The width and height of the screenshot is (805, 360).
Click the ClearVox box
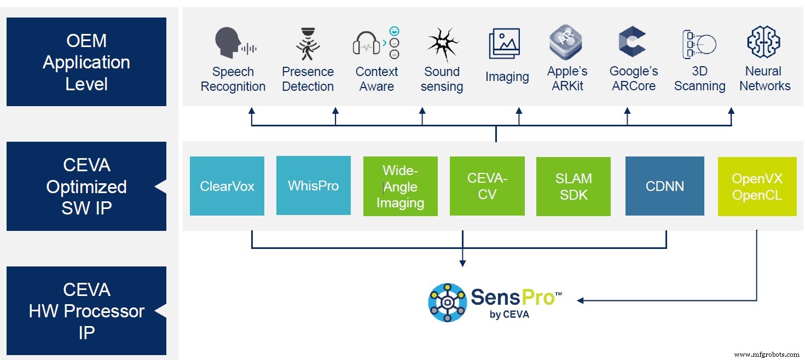227,186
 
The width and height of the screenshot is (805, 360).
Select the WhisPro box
314,185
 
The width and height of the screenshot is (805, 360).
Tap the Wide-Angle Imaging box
400,187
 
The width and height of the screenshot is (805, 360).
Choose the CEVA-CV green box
487,186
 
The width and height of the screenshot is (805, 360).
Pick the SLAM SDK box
574,187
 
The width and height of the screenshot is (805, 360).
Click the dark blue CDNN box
664,186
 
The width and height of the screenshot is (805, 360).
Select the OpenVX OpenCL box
757,187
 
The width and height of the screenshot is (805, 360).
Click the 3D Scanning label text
699,79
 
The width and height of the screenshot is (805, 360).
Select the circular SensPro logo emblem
447,303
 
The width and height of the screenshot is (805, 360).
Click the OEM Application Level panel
86,62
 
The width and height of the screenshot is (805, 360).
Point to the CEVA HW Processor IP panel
86,311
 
